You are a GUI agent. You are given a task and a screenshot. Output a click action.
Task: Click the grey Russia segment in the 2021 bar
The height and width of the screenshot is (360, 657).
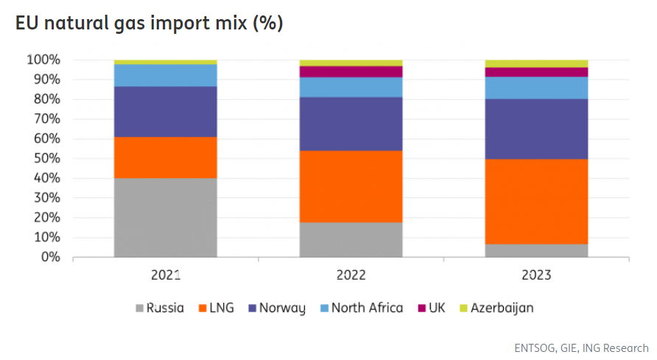(166, 217)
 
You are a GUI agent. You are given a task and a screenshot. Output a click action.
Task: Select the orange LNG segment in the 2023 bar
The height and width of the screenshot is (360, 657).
(536, 201)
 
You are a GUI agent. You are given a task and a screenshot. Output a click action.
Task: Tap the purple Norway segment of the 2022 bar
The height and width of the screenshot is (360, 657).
(351, 124)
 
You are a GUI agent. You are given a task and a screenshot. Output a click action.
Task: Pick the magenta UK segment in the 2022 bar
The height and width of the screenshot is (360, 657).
(351, 71)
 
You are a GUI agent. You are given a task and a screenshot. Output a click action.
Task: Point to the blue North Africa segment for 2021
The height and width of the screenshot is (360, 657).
(166, 75)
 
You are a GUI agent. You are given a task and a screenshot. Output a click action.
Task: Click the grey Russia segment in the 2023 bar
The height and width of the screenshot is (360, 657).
(536, 250)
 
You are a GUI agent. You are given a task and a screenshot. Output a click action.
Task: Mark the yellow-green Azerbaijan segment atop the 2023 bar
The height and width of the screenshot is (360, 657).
(536, 63)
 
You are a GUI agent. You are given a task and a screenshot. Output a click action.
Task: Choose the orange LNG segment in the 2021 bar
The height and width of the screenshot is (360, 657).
(166, 157)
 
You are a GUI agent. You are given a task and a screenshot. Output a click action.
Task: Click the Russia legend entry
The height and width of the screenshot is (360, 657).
(160, 308)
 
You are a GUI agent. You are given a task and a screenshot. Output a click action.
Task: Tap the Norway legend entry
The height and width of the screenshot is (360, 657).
(276, 308)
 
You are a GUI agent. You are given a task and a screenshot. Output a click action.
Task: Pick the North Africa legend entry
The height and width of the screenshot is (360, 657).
(360, 308)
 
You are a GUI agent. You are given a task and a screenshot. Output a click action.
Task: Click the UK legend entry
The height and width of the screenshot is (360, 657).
(431, 308)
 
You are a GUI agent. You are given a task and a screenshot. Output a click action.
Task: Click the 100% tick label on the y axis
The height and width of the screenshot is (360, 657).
(44, 59)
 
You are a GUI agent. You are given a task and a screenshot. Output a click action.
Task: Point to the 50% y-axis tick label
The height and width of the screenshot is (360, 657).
(47, 158)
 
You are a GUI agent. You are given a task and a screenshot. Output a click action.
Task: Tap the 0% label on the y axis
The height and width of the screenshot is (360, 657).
(50, 257)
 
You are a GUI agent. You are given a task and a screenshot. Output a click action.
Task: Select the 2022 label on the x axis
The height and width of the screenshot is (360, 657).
(351, 276)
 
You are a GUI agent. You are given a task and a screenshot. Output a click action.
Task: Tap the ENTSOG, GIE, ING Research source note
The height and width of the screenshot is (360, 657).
(582, 347)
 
